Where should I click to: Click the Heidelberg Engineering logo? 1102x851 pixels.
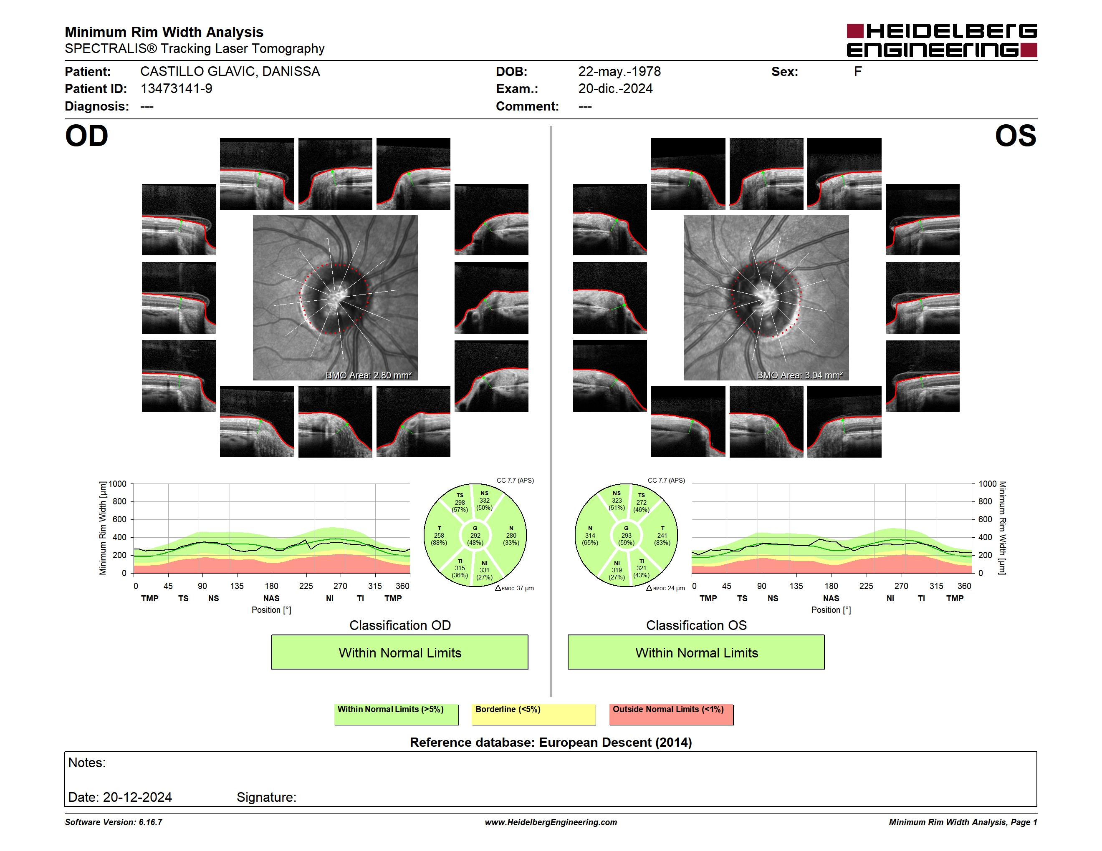(x=942, y=40)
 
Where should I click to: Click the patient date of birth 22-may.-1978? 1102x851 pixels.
(x=619, y=72)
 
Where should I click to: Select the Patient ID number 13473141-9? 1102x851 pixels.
(x=176, y=89)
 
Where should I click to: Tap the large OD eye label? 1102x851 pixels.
(x=86, y=136)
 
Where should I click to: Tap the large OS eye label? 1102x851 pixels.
(x=1015, y=136)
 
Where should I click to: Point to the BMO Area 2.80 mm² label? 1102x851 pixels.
(x=368, y=375)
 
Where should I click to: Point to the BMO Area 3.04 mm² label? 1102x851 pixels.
(x=799, y=375)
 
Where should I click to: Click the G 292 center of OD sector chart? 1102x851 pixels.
(x=475, y=535)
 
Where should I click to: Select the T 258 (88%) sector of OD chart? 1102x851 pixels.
(x=439, y=535)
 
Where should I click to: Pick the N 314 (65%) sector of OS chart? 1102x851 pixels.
(x=590, y=535)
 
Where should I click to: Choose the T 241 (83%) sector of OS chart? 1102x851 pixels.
(x=662, y=535)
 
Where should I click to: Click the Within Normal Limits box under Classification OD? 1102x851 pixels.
(x=399, y=652)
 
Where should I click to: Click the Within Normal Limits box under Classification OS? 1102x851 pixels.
(x=696, y=652)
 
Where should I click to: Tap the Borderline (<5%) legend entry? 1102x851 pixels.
(x=534, y=714)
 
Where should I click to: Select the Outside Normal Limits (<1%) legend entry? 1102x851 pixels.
(x=671, y=714)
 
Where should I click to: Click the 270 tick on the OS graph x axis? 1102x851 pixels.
(x=901, y=586)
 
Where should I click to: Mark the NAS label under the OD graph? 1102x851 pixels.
(x=271, y=599)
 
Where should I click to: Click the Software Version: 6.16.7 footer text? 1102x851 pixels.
(x=114, y=822)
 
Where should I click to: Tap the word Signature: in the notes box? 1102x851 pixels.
(x=266, y=797)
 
